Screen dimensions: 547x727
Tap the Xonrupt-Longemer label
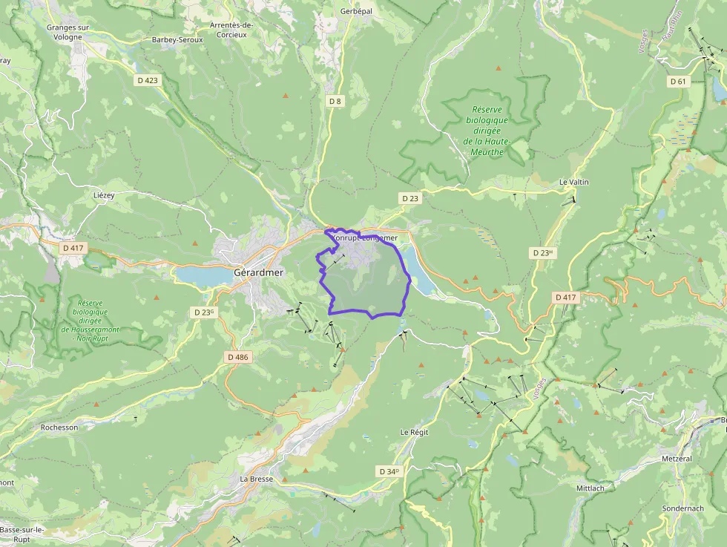[x=364, y=238]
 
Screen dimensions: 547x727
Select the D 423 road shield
[x=148, y=80]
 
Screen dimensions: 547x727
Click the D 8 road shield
[x=335, y=100]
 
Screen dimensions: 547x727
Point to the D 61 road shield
[x=677, y=81]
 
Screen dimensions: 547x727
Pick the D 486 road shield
[x=238, y=357]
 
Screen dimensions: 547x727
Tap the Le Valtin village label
[x=574, y=182]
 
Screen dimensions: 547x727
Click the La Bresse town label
[x=256, y=479]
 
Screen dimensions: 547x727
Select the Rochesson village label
[x=59, y=428]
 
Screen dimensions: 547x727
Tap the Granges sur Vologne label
[x=68, y=32]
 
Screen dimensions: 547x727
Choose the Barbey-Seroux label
[x=177, y=39]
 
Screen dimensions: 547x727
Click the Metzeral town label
[x=677, y=459]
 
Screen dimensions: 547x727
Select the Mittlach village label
[x=591, y=488]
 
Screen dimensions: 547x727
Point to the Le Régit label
[x=415, y=432]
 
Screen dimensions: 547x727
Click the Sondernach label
[x=682, y=508]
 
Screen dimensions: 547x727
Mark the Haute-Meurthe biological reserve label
[x=487, y=131]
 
